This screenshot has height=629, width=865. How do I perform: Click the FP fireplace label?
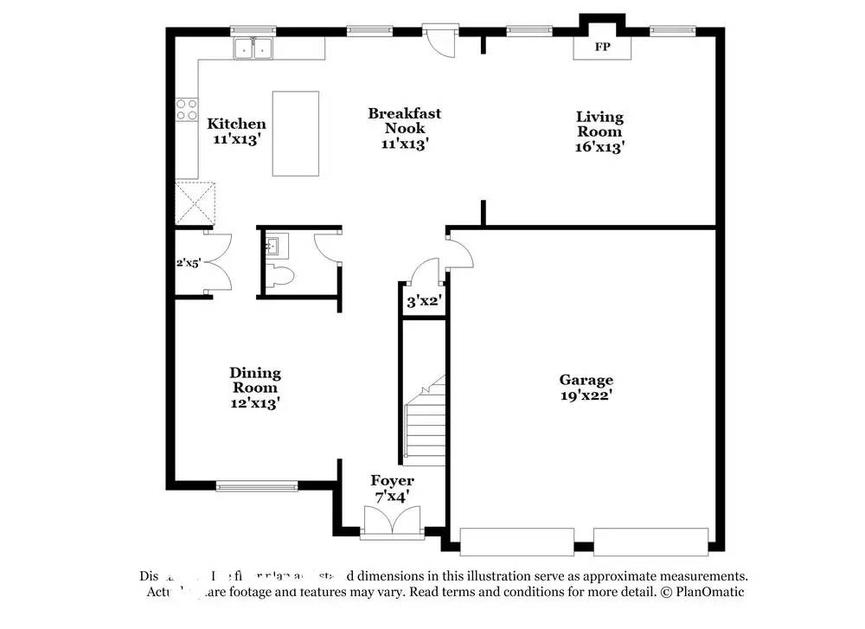(603, 47)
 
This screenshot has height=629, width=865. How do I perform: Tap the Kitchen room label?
(236, 124)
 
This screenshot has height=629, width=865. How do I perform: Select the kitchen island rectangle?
(296, 133)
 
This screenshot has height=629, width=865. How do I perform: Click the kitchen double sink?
(253, 50)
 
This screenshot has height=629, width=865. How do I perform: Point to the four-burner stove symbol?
(187, 109)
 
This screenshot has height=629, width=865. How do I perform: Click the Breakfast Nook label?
(405, 120)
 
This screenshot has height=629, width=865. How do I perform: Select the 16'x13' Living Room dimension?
(599, 147)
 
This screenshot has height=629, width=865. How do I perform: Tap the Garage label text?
(586, 380)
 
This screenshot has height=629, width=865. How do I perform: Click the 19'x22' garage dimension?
(586, 395)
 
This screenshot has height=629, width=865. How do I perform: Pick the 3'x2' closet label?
(424, 302)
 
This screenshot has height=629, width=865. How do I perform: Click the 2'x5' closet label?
(188, 263)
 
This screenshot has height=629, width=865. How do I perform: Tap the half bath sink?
(274, 247)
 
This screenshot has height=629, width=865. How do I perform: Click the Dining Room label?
(254, 380)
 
